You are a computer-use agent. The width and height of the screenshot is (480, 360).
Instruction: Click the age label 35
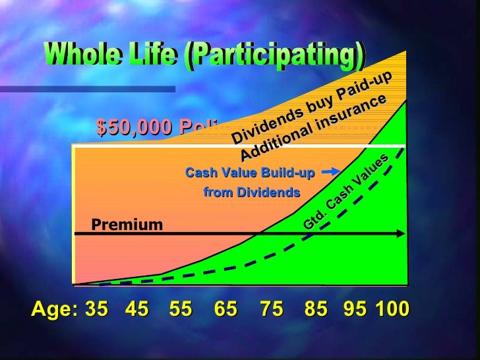pyautogui.click(x=97, y=309)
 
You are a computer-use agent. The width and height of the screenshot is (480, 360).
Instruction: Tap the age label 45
pyautogui.click(x=136, y=309)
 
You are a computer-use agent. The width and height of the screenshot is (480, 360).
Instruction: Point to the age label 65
pyautogui.click(x=225, y=309)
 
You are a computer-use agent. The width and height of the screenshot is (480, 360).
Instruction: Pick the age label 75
pyautogui.click(x=271, y=309)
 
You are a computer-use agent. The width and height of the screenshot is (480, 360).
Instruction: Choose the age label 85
pyautogui.click(x=316, y=309)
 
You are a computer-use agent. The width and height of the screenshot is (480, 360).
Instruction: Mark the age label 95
pyautogui.click(x=355, y=309)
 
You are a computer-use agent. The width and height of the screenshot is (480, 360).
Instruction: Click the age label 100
pyautogui.click(x=392, y=309)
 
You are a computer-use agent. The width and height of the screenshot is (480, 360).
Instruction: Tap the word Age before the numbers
pyautogui.click(x=53, y=309)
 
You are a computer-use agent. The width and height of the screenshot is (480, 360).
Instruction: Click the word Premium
pyautogui.click(x=127, y=225)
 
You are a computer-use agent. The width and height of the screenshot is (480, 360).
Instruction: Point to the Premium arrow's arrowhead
pyautogui.click(x=400, y=233)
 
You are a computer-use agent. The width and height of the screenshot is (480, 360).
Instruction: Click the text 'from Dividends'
pyautogui.click(x=251, y=193)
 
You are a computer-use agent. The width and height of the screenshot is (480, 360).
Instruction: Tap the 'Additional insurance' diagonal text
pyautogui.click(x=313, y=128)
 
